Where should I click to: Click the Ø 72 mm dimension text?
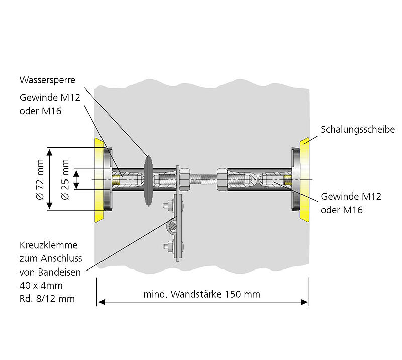point(40,178)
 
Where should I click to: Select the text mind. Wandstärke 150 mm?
point(202,294)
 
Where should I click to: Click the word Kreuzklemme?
point(48,246)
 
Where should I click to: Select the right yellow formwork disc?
point(305,178)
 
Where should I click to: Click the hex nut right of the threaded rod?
point(221,178)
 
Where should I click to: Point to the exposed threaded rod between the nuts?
point(203,178)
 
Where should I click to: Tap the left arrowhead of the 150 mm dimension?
point(100,302)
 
